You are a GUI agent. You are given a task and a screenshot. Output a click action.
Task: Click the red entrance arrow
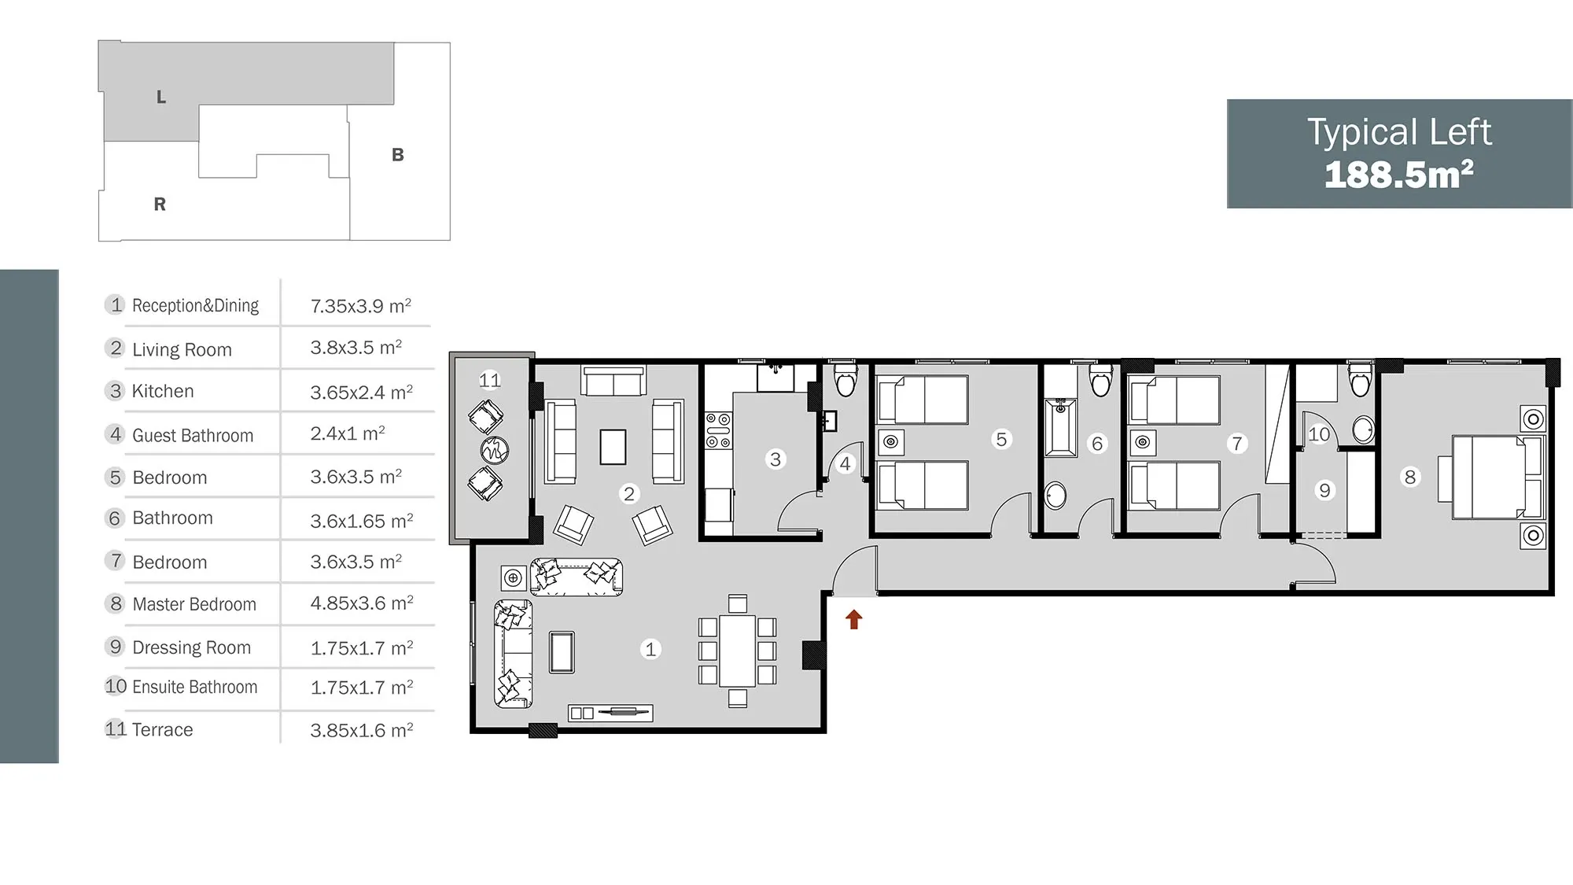click(853, 619)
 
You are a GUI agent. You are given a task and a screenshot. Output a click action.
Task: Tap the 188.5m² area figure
click(1398, 175)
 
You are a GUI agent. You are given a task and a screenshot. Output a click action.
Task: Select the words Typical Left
click(1399, 132)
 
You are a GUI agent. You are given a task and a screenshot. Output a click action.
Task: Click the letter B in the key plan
click(398, 155)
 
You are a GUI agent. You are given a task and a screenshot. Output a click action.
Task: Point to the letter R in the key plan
click(160, 205)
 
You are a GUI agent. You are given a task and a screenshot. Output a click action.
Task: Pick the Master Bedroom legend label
click(194, 604)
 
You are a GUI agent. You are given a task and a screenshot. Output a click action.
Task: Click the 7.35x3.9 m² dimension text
click(361, 305)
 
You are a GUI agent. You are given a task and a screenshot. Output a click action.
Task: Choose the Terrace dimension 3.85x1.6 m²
click(362, 730)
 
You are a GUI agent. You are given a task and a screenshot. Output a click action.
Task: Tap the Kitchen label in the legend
click(163, 391)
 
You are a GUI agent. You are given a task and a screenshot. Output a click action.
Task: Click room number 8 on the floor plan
click(1410, 477)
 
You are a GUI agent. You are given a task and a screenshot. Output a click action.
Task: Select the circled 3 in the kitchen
click(775, 459)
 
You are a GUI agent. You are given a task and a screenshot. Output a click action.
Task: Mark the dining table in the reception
click(738, 651)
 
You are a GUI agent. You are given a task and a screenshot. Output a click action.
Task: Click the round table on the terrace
click(494, 451)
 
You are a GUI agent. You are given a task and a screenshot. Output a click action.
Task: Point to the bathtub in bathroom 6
click(1061, 427)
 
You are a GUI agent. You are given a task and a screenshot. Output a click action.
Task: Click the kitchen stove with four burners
click(718, 430)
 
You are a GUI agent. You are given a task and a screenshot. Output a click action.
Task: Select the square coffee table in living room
click(613, 447)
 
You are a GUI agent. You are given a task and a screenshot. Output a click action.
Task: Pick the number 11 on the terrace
click(489, 381)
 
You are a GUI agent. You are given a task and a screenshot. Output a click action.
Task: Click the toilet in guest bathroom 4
click(845, 379)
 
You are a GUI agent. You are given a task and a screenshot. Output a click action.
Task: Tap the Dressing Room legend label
click(192, 647)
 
